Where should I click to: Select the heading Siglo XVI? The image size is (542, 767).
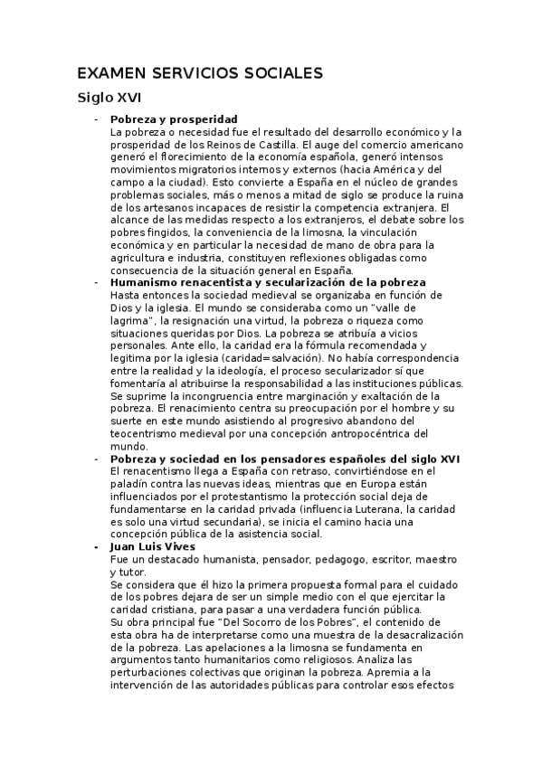coord(109,98)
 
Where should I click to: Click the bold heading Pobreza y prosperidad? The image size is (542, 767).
coord(173,119)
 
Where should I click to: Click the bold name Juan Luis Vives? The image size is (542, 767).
coord(152,547)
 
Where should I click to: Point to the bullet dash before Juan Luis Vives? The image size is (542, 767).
coord(96,547)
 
